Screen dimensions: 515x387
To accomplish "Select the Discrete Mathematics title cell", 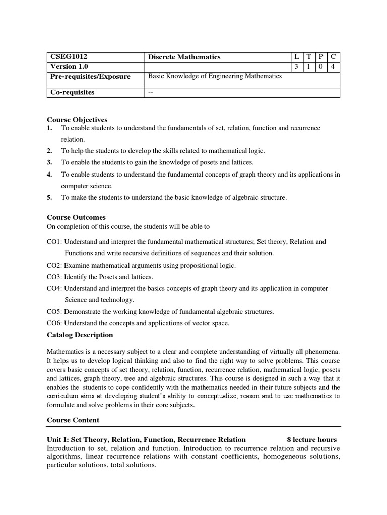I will [184, 57].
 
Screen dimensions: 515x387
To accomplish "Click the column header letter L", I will [296, 57].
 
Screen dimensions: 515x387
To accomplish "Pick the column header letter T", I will [308, 57].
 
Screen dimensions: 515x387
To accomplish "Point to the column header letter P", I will [320, 57].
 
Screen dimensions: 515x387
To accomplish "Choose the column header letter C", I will [333, 57].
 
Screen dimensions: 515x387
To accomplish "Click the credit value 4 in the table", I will [333, 66].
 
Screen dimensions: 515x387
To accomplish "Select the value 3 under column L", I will [296, 66].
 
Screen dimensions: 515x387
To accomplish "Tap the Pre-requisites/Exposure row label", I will [90, 77].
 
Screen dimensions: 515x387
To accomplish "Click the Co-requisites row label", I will [73, 92].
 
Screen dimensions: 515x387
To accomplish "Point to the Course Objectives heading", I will [77, 120].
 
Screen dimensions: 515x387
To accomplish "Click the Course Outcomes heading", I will [76, 217].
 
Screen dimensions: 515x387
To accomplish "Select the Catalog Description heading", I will [80, 335].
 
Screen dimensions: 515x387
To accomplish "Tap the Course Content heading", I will [73, 420].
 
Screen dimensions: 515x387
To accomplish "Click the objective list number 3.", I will [49, 162].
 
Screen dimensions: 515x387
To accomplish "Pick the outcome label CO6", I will [54, 323].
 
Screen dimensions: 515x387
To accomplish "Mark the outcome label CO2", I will [54, 265].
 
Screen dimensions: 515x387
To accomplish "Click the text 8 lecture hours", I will [311, 440].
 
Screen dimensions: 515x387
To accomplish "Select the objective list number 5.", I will [49, 198].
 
